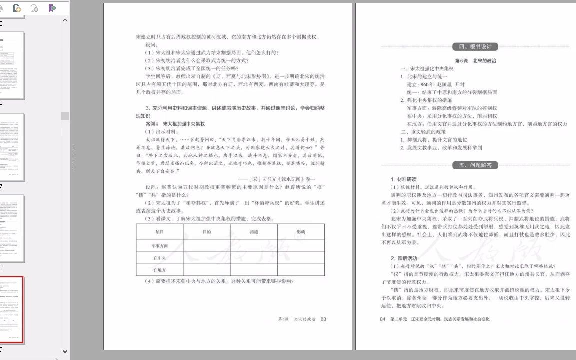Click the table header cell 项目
[x=160, y=232]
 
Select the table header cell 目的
[x=207, y=232]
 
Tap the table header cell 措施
[x=254, y=232]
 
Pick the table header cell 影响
[x=301, y=232]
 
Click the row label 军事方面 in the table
[x=160, y=246]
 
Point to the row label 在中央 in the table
[x=160, y=258]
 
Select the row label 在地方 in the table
[x=160, y=270]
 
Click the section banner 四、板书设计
[x=475, y=47]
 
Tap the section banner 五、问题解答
[x=475, y=165]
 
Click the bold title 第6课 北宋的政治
[x=475, y=61]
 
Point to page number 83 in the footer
[x=323, y=319]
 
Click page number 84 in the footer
[x=383, y=319]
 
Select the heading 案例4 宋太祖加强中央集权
[x=175, y=124]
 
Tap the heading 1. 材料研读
[x=404, y=179]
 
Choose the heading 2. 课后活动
[x=404, y=258]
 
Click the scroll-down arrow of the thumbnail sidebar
[x=65, y=352]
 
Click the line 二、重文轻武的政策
[x=426, y=132]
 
